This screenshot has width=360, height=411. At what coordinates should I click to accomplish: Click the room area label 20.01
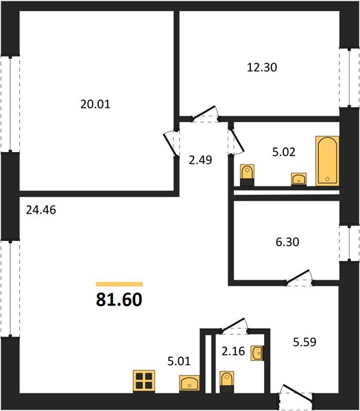click(x=95, y=104)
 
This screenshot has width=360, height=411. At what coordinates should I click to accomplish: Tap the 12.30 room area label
click(x=262, y=67)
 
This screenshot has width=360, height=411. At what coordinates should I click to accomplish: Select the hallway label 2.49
click(x=200, y=160)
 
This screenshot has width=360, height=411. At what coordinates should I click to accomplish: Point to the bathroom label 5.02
click(x=284, y=152)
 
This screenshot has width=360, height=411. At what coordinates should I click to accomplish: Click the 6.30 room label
click(x=287, y=242)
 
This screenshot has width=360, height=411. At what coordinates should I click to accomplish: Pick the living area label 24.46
click(x=41, y=210)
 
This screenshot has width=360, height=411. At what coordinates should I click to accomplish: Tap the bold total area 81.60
click(x=119, y=299)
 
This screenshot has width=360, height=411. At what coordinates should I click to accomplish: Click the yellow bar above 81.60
click(x=119, y=284)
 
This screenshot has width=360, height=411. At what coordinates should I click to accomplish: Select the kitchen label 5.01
click(x=179, y=361)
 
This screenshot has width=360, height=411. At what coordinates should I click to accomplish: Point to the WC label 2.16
click(x=233, y=351)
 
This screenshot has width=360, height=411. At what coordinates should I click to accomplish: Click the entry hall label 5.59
click(x=304, y=342)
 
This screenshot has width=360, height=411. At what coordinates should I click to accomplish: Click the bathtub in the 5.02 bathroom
click(x=327, y=161)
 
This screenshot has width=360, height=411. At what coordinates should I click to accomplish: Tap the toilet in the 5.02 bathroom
click(x=247, y=175)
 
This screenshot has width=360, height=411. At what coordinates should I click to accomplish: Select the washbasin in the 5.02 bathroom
click(x=299, y=179)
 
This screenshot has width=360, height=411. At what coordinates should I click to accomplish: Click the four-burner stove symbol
click(x=144, y=382)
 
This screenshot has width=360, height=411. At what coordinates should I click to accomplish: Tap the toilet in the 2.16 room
click(x=227, y=382)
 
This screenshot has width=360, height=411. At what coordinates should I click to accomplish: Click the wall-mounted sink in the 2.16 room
click(x=257, y=353)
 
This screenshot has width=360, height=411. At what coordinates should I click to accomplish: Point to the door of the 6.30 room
click(x=299, y=278)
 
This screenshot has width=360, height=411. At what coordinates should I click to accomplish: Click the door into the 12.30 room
click(x=206, y=114)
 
